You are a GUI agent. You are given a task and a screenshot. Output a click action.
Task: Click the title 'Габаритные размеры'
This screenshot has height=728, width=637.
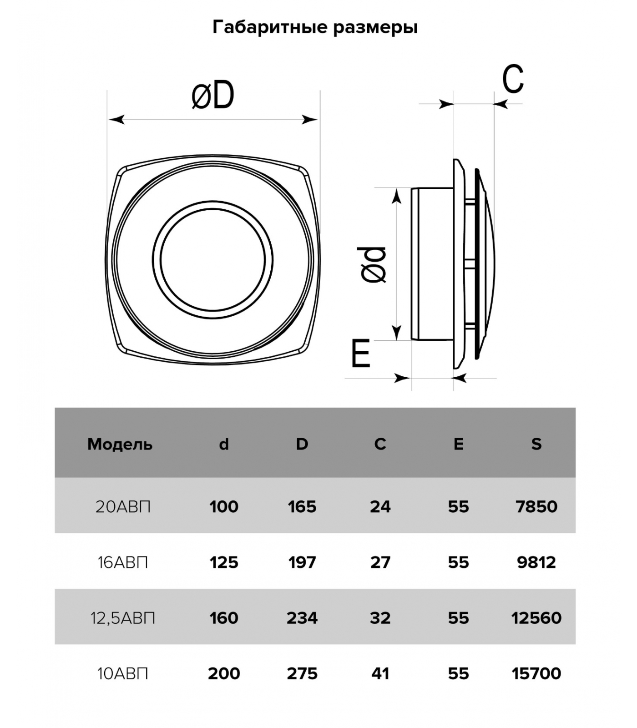coord(315,27)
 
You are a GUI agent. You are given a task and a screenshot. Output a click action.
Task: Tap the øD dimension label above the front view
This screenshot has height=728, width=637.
coord(213,96)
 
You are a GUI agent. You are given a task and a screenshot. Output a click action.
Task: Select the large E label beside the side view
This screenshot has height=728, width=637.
coord(361,354)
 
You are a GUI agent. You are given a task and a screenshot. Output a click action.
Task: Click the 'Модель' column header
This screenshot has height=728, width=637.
coord(120,444)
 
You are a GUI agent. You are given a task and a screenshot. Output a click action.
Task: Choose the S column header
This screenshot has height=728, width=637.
coord(536,444)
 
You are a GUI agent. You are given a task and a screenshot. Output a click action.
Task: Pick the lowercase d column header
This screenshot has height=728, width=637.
coord(224,444)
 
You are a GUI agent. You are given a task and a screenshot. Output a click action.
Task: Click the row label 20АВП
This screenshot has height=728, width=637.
coord(123,506)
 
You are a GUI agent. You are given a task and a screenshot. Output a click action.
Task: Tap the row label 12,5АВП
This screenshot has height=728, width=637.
coord(123,618)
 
